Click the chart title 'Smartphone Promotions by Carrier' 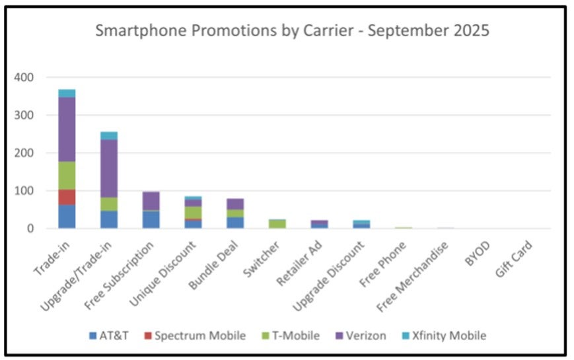293,31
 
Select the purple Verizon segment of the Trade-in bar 67,129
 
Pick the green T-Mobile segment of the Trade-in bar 67,175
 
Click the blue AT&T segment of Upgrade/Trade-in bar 108,220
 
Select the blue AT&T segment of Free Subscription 151,220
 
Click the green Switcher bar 277,225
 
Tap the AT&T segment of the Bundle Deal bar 235,223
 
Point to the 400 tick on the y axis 24,77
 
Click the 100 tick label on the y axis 24,191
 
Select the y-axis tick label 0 30,229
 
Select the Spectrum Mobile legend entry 194,336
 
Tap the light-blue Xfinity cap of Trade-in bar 67,93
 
